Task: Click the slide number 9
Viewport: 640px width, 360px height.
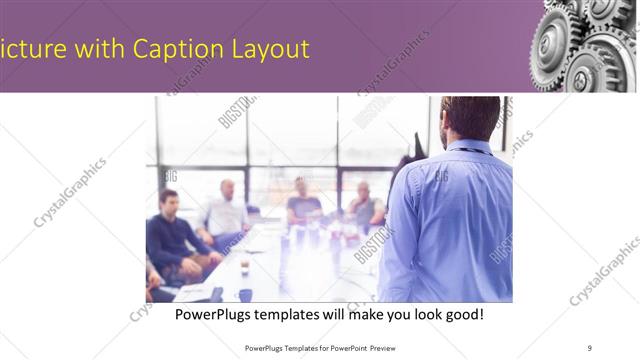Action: coord(590,347)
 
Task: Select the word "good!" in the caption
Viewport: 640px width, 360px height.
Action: coord(463,314)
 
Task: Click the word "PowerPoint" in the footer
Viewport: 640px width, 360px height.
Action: coord(345,347)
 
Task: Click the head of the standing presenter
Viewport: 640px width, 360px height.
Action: coord(471,117)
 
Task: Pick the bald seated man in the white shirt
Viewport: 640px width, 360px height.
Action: coord(226,210)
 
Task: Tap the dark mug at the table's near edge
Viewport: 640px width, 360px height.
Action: coord(244,295)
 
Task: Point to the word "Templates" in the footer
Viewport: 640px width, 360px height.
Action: coord(285,347)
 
